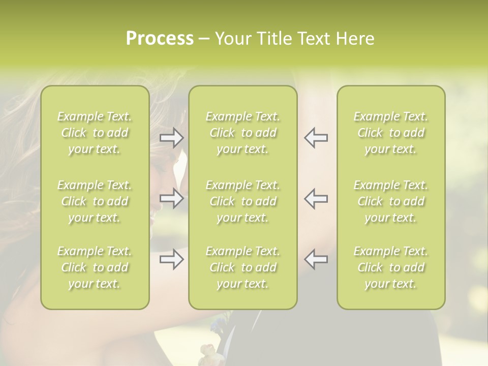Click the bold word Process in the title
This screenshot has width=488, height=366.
coord(160,39)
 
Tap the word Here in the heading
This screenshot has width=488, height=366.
coord(355,39)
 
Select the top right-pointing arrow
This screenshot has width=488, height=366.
coord(171,137)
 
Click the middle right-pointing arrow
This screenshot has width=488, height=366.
coord(171,198)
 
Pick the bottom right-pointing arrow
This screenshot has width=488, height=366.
coord(171,259)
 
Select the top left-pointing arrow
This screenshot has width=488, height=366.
coord(316,137)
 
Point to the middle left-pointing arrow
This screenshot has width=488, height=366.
coord(316,198)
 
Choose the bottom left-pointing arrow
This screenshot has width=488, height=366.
coord(316,259)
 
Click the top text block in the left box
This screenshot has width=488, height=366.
coord(95,133)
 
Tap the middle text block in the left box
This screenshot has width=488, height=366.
coord(95,201)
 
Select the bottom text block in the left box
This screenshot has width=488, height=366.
coord(95,267)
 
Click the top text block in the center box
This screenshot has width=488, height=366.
coord(242,133)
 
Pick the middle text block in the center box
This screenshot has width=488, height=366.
coord(242,201)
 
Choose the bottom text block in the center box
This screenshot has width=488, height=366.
coord(242,267)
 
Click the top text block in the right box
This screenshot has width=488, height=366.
coord(390,133)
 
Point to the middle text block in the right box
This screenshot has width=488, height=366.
coord(390,201)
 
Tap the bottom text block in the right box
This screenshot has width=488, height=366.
coord(390,267)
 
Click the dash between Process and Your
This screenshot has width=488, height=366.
coord(204,39)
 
